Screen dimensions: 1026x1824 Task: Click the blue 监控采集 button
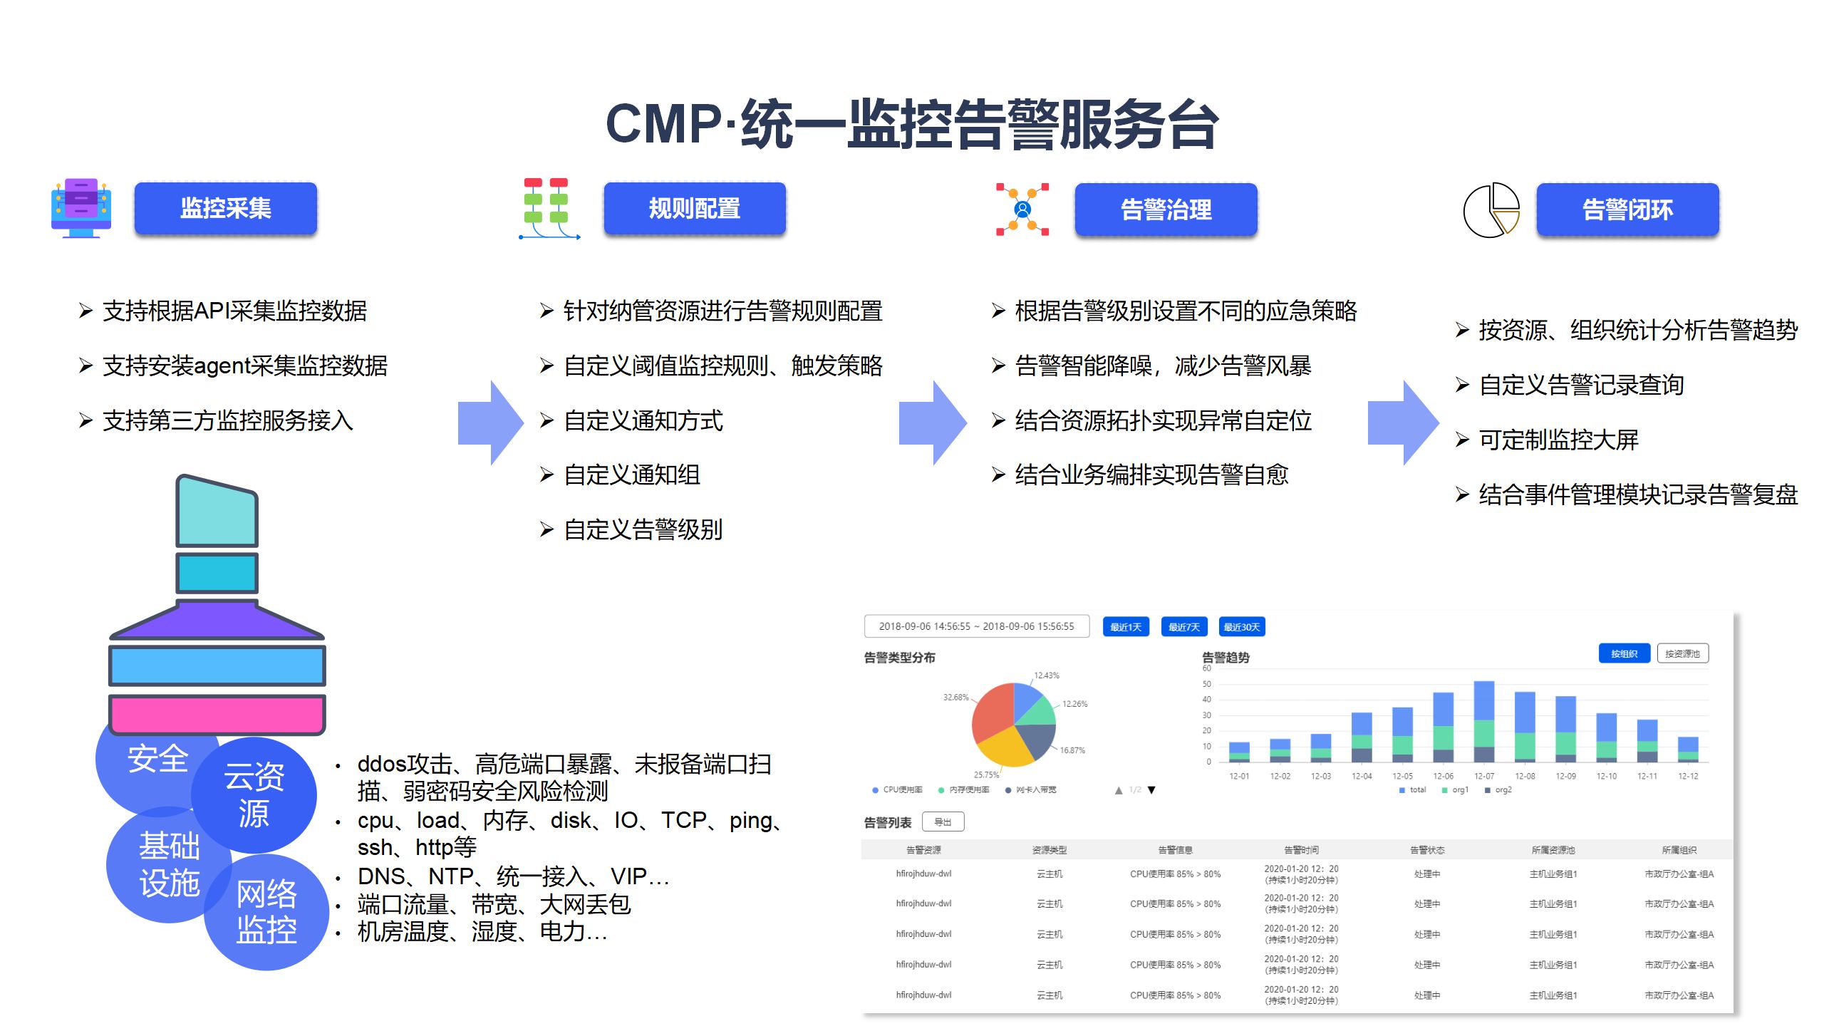pyautogui.click(x=225, y=208)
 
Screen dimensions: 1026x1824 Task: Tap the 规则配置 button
pyautogui.click(x=694, y=208)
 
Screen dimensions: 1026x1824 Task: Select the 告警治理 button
pyautogui.click(x=1166, y=209)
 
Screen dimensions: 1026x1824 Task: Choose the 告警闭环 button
pyautogui.click(x=1627, y=209)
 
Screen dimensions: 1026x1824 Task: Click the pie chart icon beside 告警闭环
pyautogui.click(x=1491, y=209)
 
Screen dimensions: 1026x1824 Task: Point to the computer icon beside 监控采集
pyautogui.click(x=81, y=207)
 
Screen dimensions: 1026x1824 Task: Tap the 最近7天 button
pyautogui.click(x=1183, y=627)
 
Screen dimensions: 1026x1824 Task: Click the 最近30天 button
pyautogui.click(x=1241, y=627)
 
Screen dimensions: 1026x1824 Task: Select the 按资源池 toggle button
pyautogui.click(x=1682, y=653)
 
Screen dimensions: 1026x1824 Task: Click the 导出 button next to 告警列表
pyautogui.click(x=943, y=822)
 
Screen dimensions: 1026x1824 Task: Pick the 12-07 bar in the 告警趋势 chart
pyautogui.click(x=1483, y=721)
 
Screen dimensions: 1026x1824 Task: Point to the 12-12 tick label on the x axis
pyautogui.click(x=1688, y=776)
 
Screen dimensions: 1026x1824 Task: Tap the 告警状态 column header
pyautogui.click(x=1427, y=850)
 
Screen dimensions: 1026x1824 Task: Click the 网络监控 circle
pyautogui.click(x=266, y=912)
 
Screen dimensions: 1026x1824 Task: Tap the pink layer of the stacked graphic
pyautogui.click(x=217, y=714)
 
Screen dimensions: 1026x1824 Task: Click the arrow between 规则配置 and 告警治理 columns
pyautogui.click(x=931, y=423)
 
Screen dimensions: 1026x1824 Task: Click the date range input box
pyautogui.click(x=976, y=626)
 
